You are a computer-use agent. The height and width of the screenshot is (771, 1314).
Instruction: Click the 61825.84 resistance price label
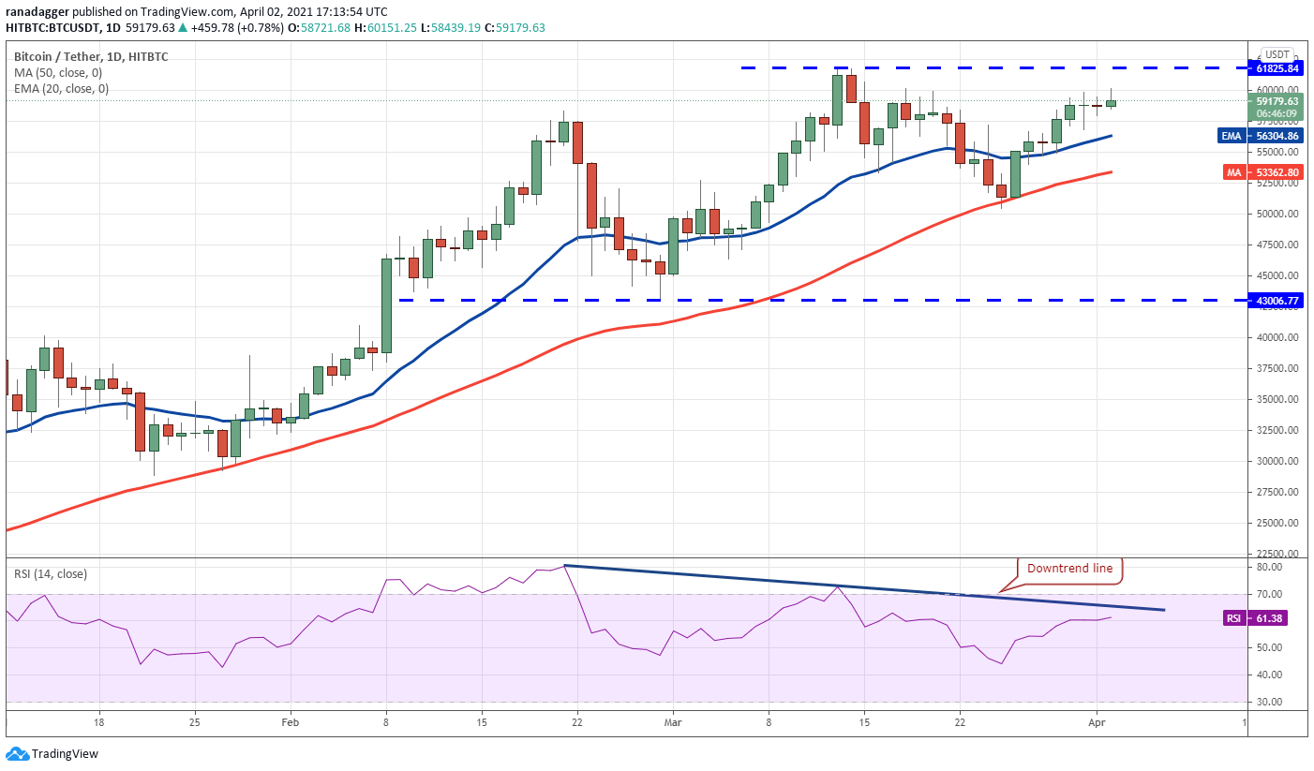[1276, 68]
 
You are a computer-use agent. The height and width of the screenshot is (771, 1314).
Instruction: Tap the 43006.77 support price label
[1276, 301]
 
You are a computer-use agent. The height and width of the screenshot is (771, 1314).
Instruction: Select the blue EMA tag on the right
[1232, 136]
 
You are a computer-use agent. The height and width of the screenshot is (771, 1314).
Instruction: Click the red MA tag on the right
[1233, 172]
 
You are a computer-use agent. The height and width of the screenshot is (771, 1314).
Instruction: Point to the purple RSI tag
[1233, 618]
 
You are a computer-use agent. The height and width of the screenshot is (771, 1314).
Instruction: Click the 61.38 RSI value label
[1268, 618]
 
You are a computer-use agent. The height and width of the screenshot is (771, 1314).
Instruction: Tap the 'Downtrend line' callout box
[1069, 569]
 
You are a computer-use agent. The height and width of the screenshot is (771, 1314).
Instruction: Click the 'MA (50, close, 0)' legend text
[58, 73]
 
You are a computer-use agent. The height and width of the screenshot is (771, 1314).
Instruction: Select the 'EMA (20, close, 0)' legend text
[62, 89]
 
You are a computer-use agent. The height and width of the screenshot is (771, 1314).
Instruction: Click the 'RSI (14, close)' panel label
[51, 574]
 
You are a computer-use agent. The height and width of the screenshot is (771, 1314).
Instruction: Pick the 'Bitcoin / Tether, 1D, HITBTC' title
[91, 56]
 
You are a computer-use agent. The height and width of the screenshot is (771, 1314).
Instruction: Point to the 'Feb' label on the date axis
[290, 722]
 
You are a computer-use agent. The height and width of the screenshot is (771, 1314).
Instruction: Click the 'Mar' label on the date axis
[673, 722]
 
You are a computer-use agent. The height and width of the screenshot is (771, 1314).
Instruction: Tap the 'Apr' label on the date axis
[1097, 722]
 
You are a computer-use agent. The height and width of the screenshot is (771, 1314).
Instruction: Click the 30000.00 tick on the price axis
[1277, 461]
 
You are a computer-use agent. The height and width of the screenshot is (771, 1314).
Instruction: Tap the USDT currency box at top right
[1277, 54]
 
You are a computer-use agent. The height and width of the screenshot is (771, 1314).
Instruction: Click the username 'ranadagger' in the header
[37, 12]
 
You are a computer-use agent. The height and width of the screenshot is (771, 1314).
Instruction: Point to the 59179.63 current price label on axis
[1277, 101]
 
